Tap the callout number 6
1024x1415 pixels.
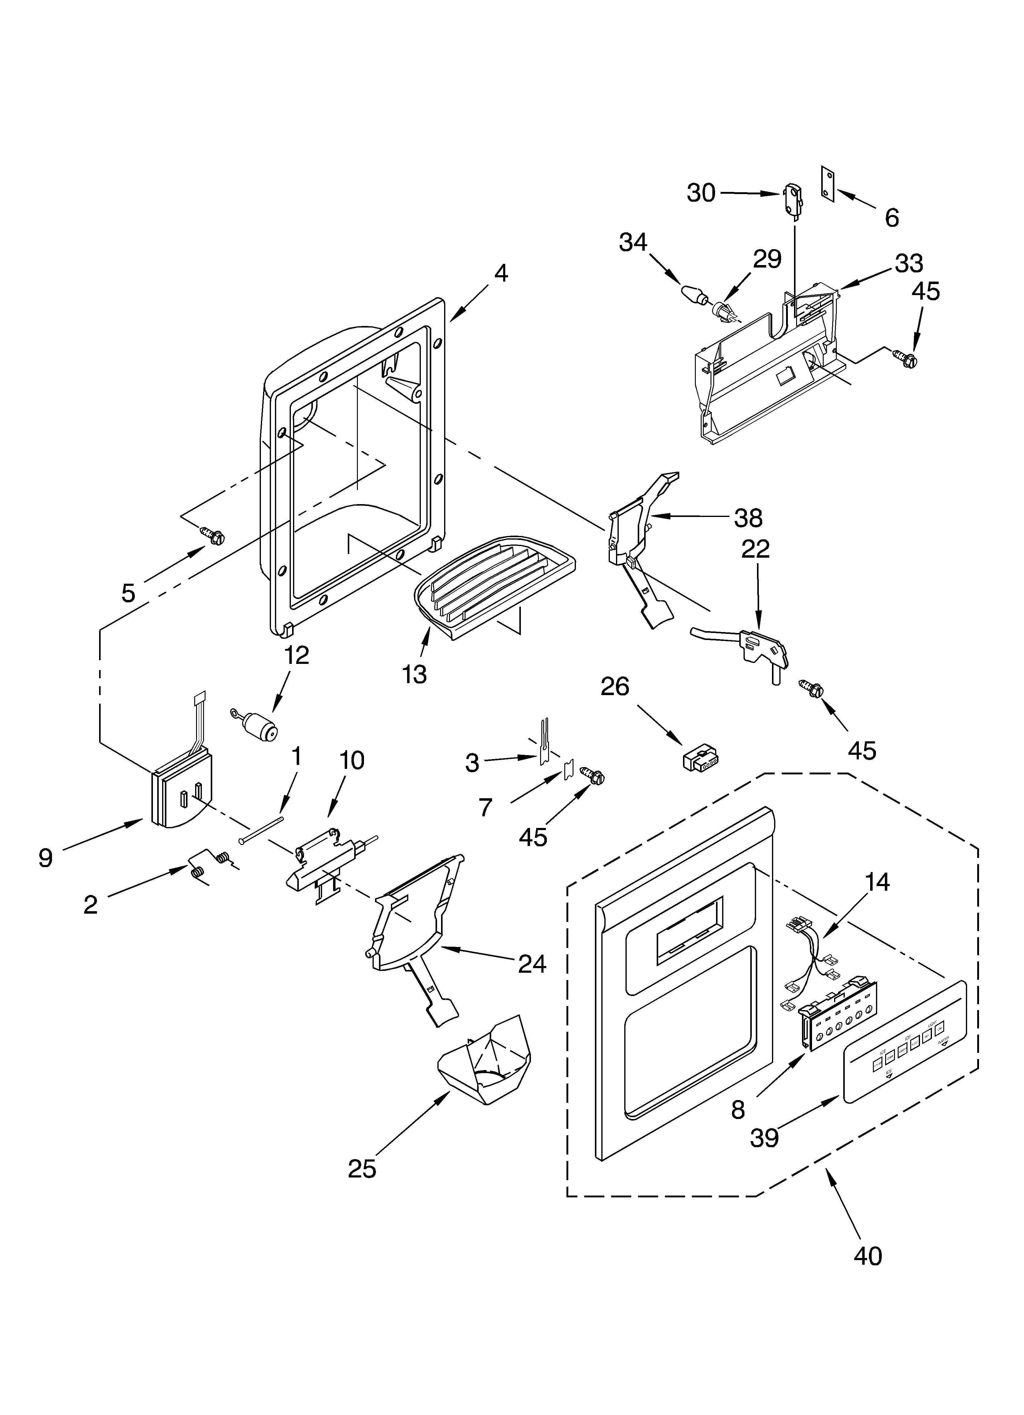tap(892, 218)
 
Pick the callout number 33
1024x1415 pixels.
tap(909, 264)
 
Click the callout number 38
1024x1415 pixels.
tap(748, 518)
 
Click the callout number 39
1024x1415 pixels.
tap(765, 1138)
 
